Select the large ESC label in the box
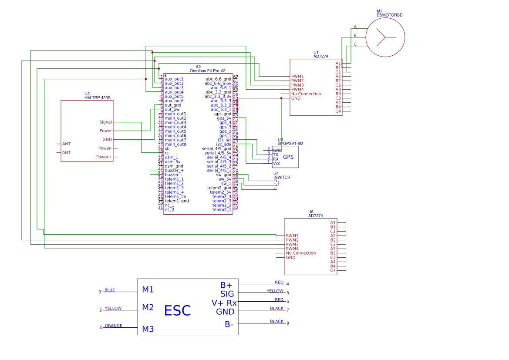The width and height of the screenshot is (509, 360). [x=177, y=311]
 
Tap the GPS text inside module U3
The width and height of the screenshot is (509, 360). [x=288, y=157]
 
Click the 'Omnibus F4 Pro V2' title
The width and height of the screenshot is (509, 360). [x=208, y=71]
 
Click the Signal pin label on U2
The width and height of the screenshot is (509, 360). [x=105, y=122]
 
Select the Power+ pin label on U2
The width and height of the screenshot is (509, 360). [x=104, y=157]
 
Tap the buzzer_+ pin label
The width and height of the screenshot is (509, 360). [x=174, y=171]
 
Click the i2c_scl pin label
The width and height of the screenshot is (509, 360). [x=224, y=140]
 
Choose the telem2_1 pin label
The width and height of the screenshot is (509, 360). [x=222, y=210]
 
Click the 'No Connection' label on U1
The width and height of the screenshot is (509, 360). [x=306, y=94]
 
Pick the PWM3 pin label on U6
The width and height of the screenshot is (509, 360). [x=292, y=245]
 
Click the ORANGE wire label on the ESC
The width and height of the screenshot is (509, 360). [x=114, y=326]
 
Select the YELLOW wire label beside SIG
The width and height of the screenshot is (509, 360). [x=275, y=291]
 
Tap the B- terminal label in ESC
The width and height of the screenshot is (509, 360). [x=229, y=324]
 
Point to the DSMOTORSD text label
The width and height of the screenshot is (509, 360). [x=390, y=15]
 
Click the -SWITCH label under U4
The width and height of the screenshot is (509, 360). [x=282, y=178]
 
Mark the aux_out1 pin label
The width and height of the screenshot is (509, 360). [x=174, y=79]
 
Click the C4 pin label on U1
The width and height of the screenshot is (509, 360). [x=338, y=111]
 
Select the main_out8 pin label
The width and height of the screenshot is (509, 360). [x=175, y=145]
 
